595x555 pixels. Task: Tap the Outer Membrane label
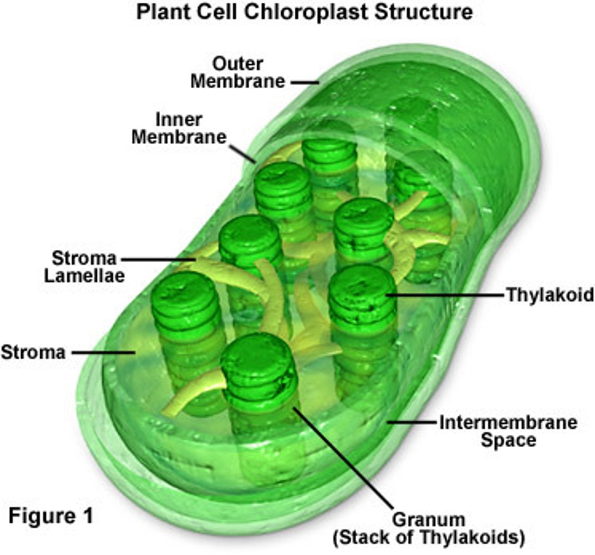[x=238, y=73]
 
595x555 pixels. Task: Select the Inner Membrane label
[x=180, y=129]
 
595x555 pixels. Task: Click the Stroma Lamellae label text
[x=84, y=267]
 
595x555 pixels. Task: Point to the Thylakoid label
[x=550, y=295]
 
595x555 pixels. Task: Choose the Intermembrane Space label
[x=508, y=431]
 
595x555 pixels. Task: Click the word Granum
[x=428, y=520]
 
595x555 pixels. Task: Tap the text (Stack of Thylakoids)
[x=428, y=538]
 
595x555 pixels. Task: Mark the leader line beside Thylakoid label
[x=444, y=294]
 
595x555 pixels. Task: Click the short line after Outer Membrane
[x=305, y=83]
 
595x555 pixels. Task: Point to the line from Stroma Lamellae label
[x=157, y=259]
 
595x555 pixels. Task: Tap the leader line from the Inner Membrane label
[x=242, y=153]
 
